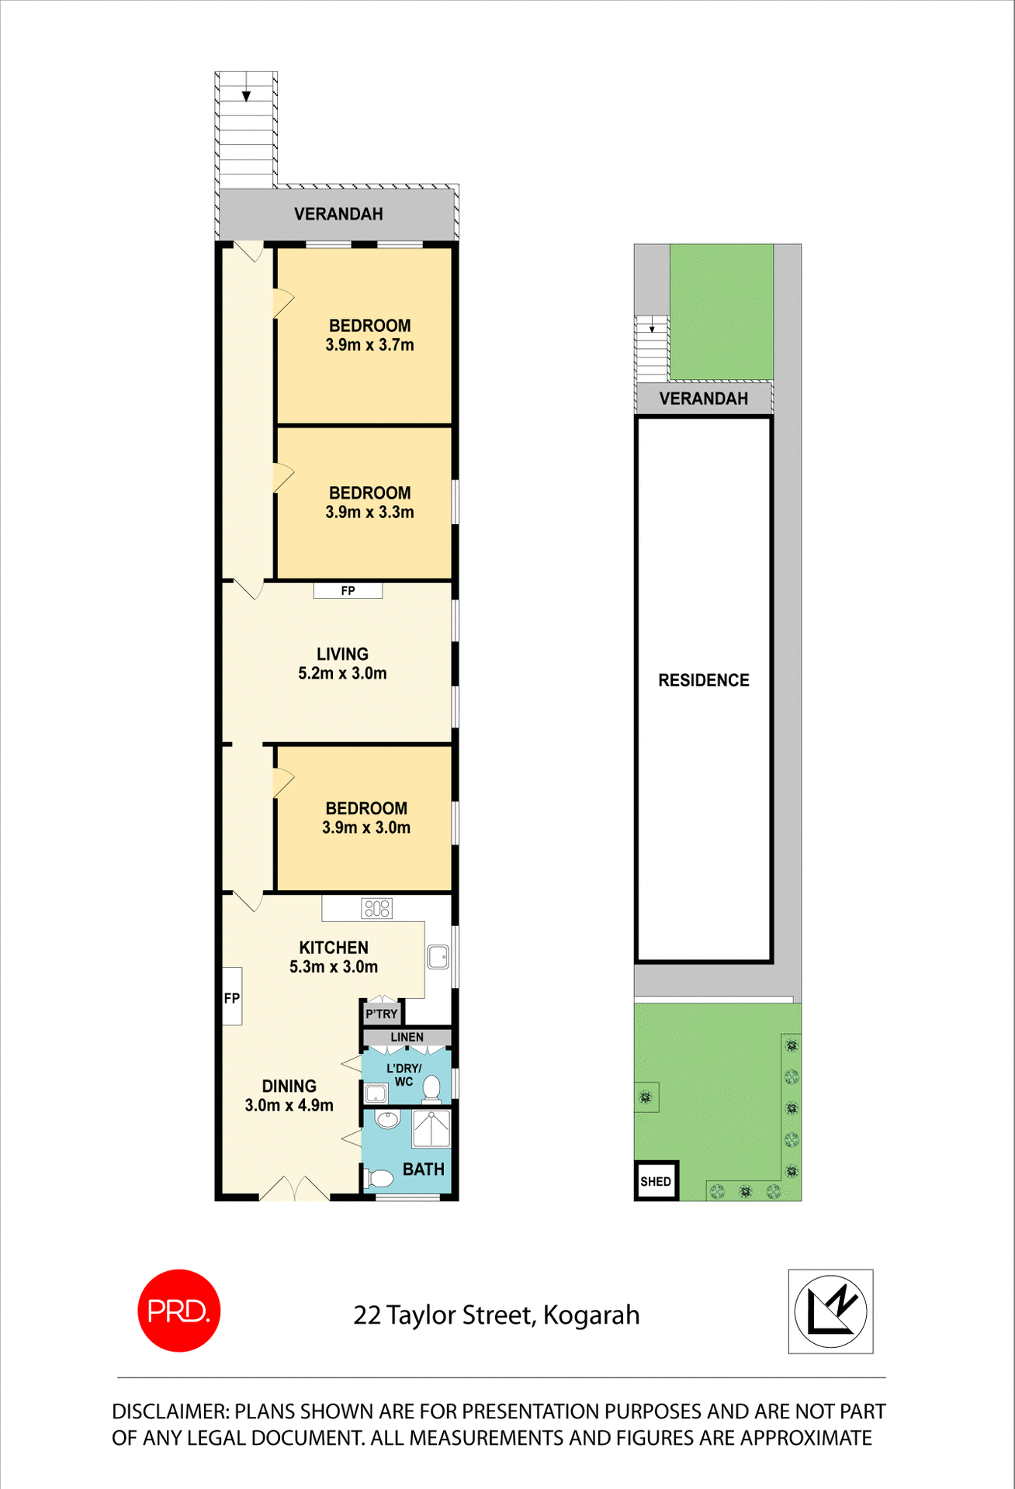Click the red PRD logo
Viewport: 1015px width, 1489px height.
pyautogui.click(x=178, y=1310)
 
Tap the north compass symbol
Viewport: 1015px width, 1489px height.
pyautogui.click(x=830, y=1311)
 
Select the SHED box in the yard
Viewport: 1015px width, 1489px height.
pyautogui.click(x=656, y=1181)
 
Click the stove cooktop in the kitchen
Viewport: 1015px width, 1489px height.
pyautogui.click(x=377, y=908)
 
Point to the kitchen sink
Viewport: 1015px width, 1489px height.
pyautogui.click(x=438, y=957)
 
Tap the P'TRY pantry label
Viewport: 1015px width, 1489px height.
pyautogui.click(x=382, y=1014)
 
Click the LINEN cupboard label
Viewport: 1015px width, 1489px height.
pyautogui.click(x=407, y=1037)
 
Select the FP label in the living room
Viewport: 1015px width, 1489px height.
pyautogui.click(x=348, y=591)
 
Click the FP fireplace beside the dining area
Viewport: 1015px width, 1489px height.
pyautogui.click(x=232, y=997)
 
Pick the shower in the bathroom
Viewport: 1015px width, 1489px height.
pyautogui.click(x=431, y=1128)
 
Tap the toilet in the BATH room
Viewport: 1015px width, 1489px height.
pyautogui.click(x=379, y=1180)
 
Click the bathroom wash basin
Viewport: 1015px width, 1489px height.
pyautogui.click(x=387, y=1119)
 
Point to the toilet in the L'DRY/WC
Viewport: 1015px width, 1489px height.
pyautogui.click(x=431, y=1088)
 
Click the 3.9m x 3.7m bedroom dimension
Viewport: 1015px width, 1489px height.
pyautogui.click(x=369, y=345)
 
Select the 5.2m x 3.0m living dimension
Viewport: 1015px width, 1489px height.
pyautogui.click(x=342, y=673)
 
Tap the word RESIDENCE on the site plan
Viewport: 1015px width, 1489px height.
pyautogui.click(x=704, y=680)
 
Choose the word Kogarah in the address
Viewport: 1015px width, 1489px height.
pyautogui.click(x=591, y=1315)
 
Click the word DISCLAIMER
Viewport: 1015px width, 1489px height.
pyautogui.click(x=170, y=1411)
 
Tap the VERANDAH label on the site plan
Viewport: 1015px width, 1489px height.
pyautogui.click(x=704, y=399)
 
